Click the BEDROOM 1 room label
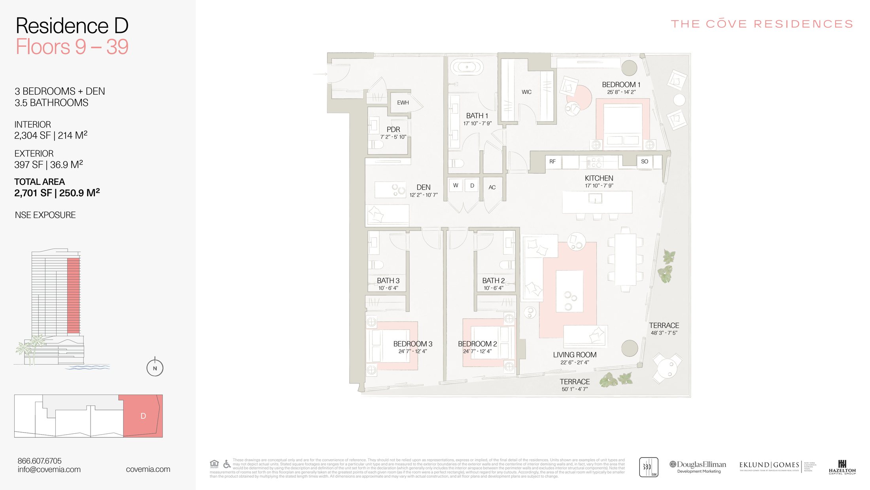pos(621,85)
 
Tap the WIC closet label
pos(526,92)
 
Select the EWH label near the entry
pos(403,103)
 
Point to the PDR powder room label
pos(393,129)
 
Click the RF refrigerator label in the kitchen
pos(552,161)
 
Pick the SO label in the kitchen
pos(645,161)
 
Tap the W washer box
pos(456,185)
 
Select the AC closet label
pos(492,188)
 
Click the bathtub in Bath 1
pos(467,67)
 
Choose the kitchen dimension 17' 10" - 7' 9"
pos(599,186)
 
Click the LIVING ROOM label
pos(575,355)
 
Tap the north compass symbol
pos(155,368)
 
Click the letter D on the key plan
pos(143,416)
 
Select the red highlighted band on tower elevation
pos(73,295)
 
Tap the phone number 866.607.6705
pos(40,461)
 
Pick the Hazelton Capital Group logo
pos(842,467)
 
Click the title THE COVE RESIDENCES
pos(762,24)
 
